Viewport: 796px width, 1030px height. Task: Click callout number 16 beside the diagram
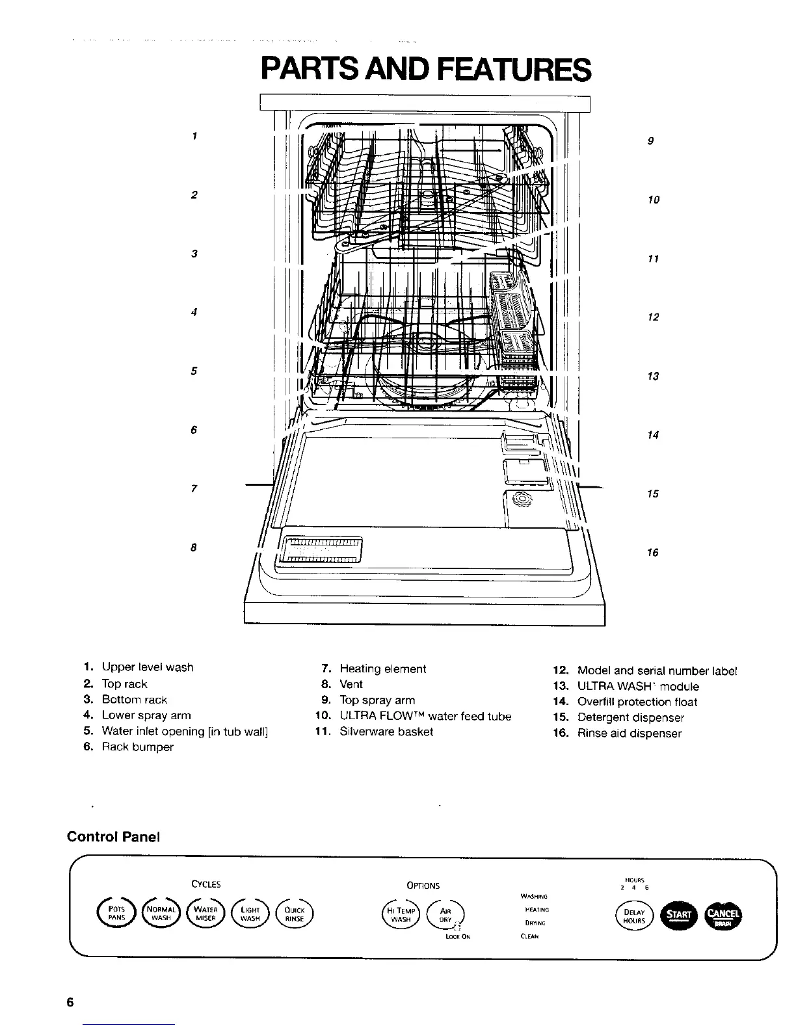(x=652, y=553)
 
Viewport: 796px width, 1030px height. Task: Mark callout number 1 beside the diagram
(x=194, y=136)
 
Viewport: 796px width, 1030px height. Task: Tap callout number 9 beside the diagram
(x=651, y=141)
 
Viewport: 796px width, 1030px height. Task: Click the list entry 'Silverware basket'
(x=386, y=732)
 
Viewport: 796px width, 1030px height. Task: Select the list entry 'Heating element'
(x=382, y=668)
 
